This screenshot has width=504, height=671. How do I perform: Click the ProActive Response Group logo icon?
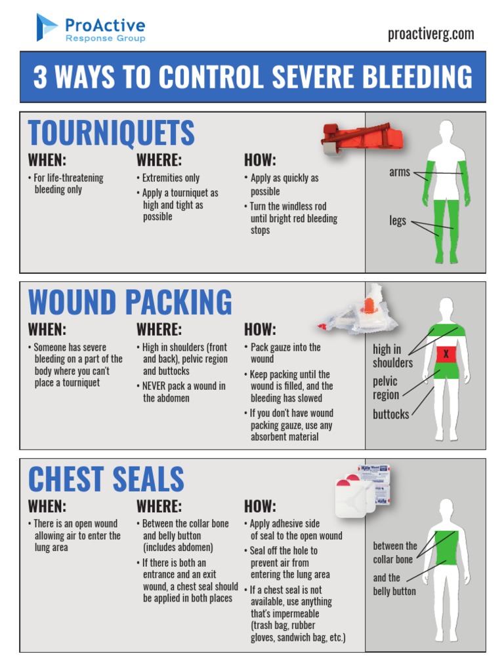(x=47, y=28)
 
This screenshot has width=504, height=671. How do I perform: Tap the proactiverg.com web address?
(x=430, y=34)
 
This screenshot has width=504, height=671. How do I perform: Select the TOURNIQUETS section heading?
(x=112, y=133)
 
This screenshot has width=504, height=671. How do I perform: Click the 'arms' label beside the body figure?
(x=399, y=172)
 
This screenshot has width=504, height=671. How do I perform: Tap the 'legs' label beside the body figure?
(x=398, y=221)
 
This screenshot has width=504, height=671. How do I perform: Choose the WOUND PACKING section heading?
(x=130, y=303)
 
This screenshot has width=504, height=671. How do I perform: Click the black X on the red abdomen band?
(x=446, y=355)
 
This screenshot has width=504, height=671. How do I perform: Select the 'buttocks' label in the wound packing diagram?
(x=390, y=414)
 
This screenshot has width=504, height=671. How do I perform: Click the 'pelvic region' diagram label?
(x=386, y=388)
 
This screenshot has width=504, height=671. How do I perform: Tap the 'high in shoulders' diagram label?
(x=392, y=356)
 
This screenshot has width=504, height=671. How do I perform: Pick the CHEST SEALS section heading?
(x=106, y=479)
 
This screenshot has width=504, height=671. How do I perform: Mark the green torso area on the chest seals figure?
(x=446, y=547)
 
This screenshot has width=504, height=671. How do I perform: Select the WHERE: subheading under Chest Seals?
(x=159, y=506)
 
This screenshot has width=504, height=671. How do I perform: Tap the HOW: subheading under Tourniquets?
(x=260, y=160)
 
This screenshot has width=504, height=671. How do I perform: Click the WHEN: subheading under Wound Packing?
(x=47, y=330)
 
